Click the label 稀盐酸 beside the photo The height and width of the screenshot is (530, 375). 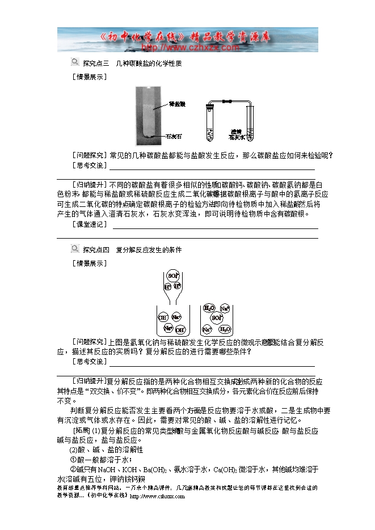coord(178,104)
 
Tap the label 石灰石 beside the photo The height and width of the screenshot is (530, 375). coord(174,137)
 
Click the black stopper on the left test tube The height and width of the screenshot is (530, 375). coord(209,107)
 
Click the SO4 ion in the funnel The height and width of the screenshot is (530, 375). coord(173,275)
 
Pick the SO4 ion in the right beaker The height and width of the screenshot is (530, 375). coord(216,317)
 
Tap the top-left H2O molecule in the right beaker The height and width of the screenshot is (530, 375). coord(209,308)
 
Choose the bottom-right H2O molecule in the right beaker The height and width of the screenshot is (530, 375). coord(225,328)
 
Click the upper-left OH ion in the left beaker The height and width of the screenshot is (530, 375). coord(163,317)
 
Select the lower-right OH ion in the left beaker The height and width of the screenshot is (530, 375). coord(179,329)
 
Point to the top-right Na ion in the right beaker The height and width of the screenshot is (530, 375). coord(225,308)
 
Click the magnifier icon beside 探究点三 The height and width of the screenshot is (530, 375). coord(74,62)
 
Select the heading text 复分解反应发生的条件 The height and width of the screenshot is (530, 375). coord(149,249)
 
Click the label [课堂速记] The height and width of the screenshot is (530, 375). coord(90,224)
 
